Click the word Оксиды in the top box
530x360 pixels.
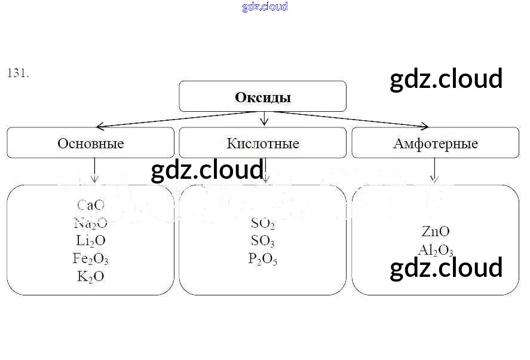[263, 97]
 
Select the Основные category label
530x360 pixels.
[91, 144]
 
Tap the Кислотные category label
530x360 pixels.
[263, 144]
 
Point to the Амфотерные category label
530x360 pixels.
[435, 144]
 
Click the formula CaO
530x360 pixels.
[91, 206]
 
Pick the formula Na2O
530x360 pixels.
[91, 224]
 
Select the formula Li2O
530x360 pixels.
[91, 241]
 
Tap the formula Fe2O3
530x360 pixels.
[91, 259]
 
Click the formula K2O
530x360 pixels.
[91, 277]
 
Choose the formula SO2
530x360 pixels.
[263, 224]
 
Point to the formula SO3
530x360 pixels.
[263, 242]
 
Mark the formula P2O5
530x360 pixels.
[263, 259]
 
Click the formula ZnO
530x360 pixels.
[436, 231]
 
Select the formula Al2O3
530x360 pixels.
[436, 251]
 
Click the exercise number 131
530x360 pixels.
[18, 74]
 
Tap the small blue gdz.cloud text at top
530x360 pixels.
[265, 7]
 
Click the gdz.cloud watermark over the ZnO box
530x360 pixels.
[446, 268]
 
